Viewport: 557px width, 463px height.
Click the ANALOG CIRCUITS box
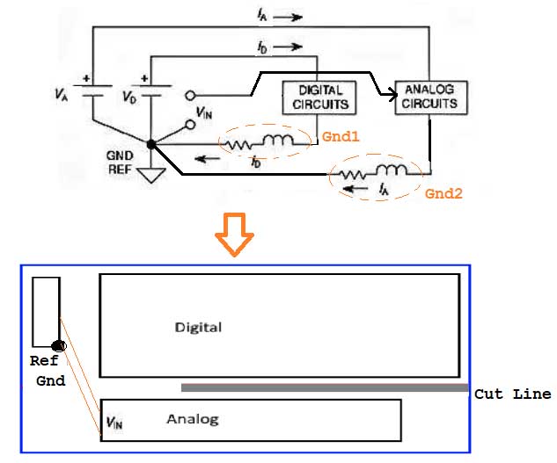(431, 97)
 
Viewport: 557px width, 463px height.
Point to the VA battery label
(61, 93)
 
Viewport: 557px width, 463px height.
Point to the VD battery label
(128, 95)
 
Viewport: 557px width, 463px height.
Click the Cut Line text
(512, 394)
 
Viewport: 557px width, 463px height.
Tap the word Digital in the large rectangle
(198, 328)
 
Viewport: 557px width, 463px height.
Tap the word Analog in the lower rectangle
(192, 419)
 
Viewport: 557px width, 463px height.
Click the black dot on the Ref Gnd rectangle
(59, 345)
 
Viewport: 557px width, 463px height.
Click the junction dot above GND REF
(151, 143)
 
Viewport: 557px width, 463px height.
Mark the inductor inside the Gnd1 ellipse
(282, 141)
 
